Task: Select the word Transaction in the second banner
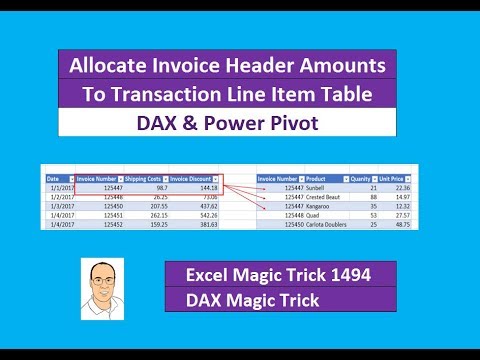(x=186, y=96)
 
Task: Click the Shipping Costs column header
(x=147, y=178)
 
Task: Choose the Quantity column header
(x=367, y=178)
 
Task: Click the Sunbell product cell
(x=321, y=187)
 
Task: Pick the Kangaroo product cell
(x=324, y=206)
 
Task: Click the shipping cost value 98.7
(x=157, y=187)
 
